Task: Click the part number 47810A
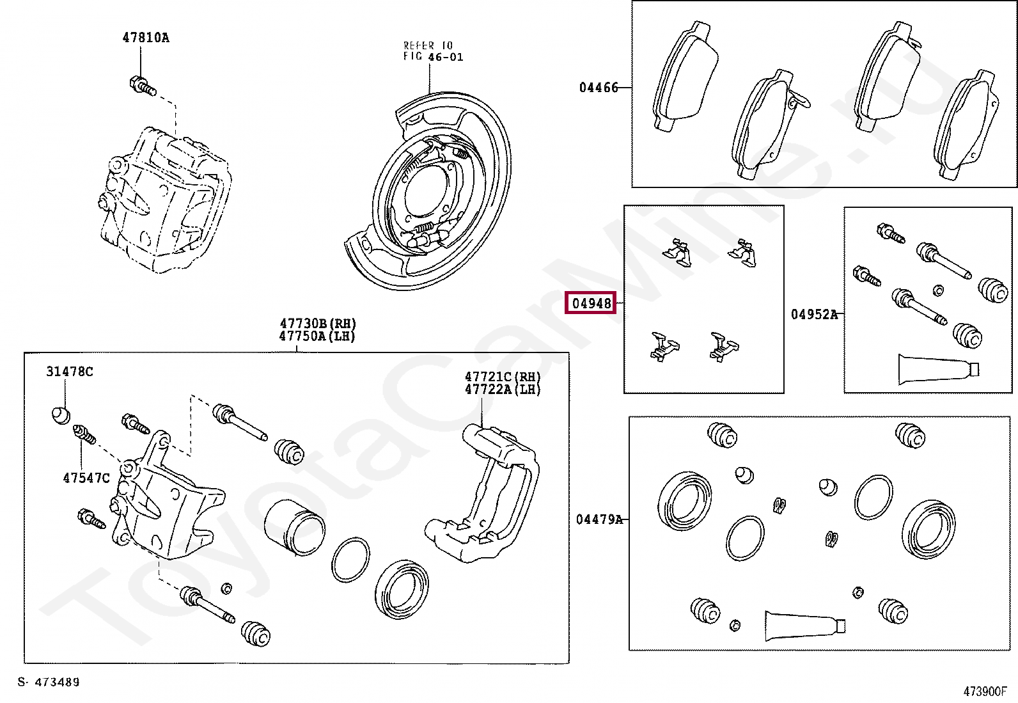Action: (146, 38)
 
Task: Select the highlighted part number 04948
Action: (591, 303)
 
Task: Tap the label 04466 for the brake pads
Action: (599, 88)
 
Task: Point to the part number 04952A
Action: (813, 314)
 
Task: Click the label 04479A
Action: (599, 519)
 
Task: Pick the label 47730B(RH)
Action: (318, 324)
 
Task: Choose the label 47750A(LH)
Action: (317, 336)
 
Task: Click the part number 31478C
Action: (70, 372)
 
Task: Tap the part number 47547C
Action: (86, 478)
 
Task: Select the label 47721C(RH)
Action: (503, 377)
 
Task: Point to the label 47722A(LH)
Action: (503, 390)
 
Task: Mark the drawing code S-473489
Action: (49, 682)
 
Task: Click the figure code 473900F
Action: (985, 691)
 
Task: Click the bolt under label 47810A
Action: (143, 86)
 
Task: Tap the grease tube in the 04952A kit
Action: (937, 369)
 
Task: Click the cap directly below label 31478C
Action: (60, 415)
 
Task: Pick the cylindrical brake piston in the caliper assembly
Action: (294, 526)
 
